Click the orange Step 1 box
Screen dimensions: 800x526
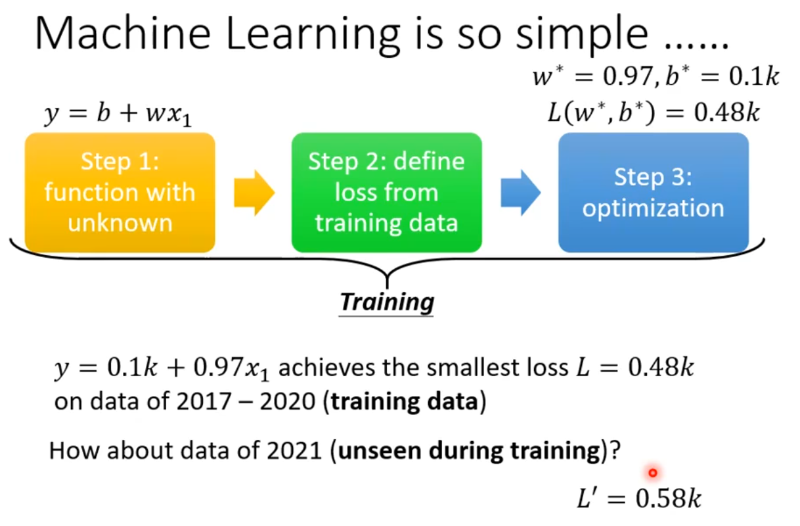(120, 193)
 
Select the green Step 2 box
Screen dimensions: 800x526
(386, 193)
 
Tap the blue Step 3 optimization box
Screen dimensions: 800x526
(654, 193)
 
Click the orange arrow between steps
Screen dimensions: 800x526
(254, 193)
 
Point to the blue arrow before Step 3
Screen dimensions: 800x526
(521, 193)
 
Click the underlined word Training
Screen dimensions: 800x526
(386, 302)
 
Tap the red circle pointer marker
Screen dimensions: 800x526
(652, 473)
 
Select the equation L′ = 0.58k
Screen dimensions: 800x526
(639, 498)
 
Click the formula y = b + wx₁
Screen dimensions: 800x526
(118, 114)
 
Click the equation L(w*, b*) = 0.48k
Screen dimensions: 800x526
(654, 112)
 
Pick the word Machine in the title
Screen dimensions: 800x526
(123, 34)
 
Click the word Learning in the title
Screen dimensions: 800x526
(313, 36)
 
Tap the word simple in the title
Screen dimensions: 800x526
(582, 36)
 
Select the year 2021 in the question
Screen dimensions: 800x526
(294, 451)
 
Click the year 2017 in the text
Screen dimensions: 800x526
(204, 402)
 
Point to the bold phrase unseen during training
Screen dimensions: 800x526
(470, 451)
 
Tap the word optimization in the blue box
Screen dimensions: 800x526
(654, 209)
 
